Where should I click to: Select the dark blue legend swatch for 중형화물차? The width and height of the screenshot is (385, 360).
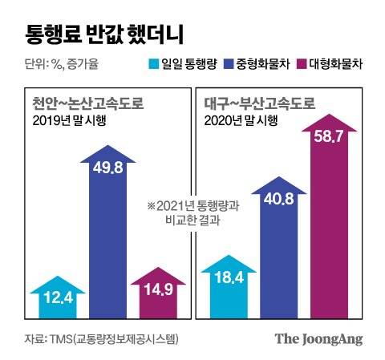(x=228, y=63)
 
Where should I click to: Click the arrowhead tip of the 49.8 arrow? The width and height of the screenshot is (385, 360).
(x=111, y=147)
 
